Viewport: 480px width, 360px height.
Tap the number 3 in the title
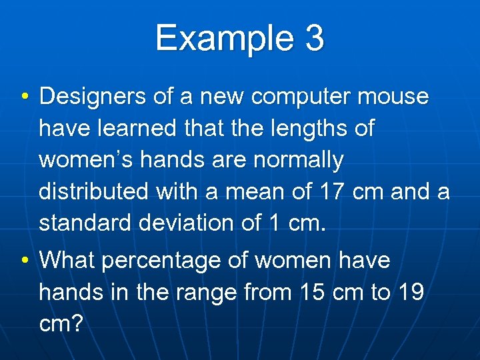(315, 38)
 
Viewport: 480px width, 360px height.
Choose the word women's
(83, 160)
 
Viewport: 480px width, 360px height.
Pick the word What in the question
(68, 260)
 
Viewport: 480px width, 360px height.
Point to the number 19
(409, 291)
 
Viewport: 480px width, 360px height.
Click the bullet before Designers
(24, 98)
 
